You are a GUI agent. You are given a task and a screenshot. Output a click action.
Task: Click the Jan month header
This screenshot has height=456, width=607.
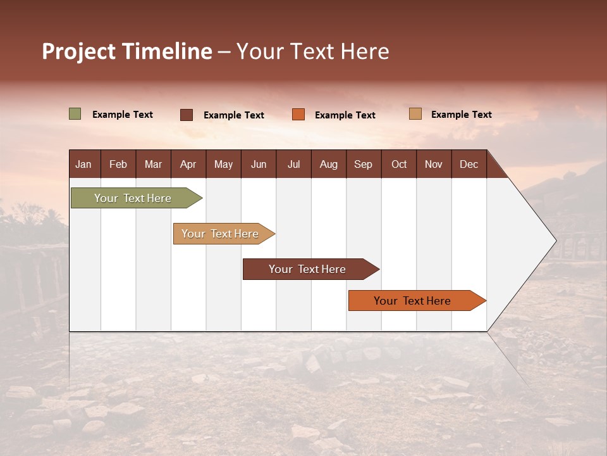click(x=83, y=164)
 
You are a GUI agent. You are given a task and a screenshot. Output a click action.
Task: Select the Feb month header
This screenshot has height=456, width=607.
click(x=118, y=164)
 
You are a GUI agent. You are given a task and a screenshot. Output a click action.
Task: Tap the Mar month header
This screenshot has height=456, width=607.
click(x=153, y=164)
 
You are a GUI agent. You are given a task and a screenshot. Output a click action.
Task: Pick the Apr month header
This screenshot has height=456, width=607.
click(x=188, y=164)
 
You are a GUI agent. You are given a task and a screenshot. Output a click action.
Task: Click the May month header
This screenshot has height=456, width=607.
click(x=223, y=164)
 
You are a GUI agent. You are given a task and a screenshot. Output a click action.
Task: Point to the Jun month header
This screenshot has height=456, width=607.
click(x=259, y=164)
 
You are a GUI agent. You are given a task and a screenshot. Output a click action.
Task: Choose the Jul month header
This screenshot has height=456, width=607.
click(x=293, y=164)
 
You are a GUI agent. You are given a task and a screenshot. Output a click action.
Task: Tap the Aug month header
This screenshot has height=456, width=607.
click(x=329, y=164)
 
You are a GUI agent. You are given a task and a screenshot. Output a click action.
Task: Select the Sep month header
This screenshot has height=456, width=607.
click(x=364, y=164)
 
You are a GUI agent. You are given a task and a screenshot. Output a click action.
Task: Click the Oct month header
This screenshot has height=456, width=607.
click(x=399, y=164)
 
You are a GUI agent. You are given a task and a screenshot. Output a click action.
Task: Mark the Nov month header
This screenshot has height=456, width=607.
click(x=434, y=164)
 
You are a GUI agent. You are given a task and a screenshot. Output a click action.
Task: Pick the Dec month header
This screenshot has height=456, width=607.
click(x=469, y=164)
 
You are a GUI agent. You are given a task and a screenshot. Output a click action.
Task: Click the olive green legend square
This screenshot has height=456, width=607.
click(x=75, y=114)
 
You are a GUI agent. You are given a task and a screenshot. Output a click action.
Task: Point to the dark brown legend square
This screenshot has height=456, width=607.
click(x=187, y=115)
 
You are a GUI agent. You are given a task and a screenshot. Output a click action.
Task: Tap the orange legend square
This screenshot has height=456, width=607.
click(x=298, y=115)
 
